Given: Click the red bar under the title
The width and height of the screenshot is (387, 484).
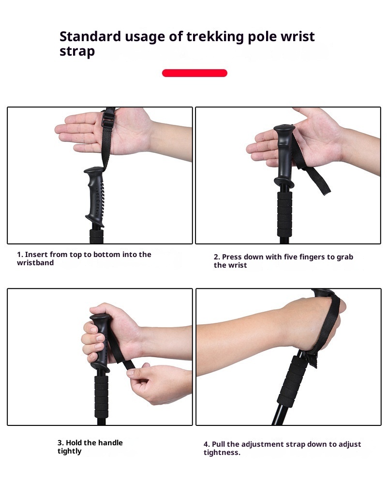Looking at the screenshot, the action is click(x=194, y=73).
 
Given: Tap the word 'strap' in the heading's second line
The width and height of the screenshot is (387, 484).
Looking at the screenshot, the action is click(x=77, y=52).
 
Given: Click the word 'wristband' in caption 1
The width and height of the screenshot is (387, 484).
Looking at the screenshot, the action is click(x=35, y=263).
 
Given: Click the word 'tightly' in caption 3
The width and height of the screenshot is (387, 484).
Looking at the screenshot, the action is click(x=70, y=451).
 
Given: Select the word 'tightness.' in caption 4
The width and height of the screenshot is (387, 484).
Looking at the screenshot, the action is click(x=222, y=453).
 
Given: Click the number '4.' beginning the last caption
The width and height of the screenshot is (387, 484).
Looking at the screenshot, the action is click(x=207, y=444).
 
